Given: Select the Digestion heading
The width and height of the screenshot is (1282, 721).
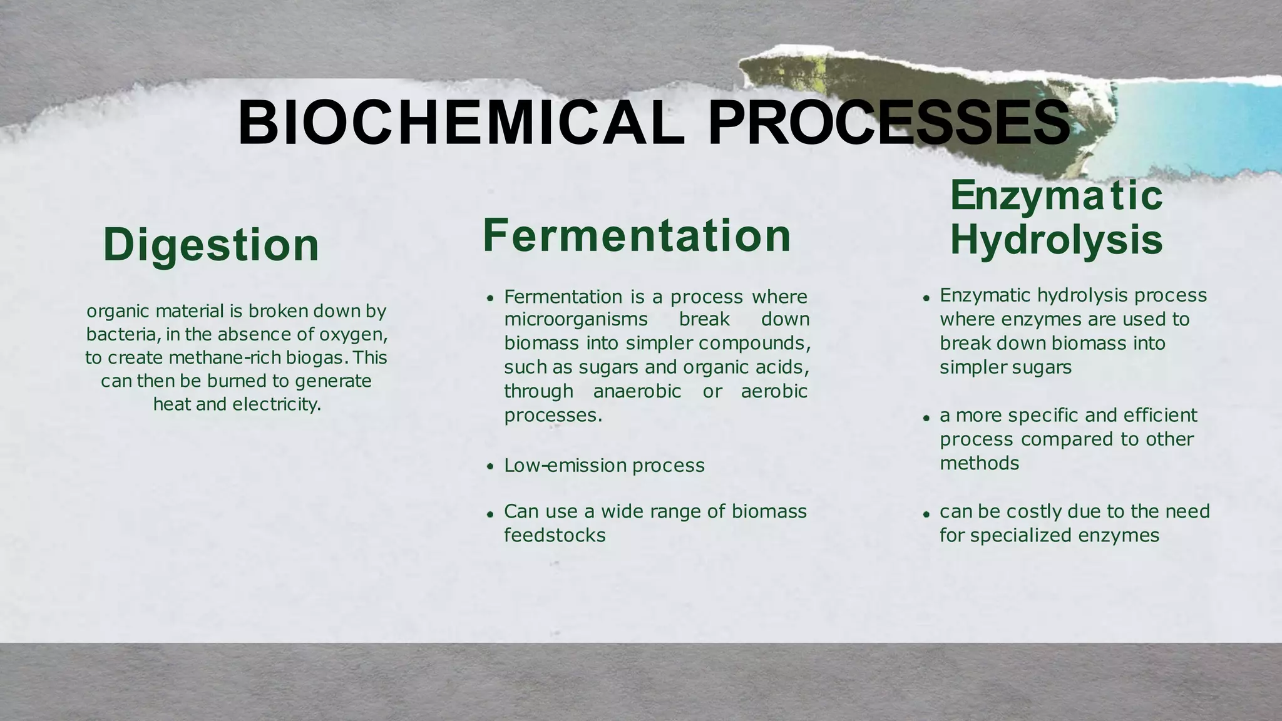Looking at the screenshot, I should tap(211, 244).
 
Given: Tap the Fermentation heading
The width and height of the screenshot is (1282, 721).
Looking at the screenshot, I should tap(637, 235).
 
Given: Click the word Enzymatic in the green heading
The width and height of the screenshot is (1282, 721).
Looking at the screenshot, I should tap(1056, 195).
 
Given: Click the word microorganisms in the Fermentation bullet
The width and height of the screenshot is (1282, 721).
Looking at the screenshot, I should tap(575, 319).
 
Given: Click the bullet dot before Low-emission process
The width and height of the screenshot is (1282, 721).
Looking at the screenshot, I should tap(491, 466).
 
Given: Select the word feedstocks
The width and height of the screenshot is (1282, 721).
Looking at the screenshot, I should tap(555, 535).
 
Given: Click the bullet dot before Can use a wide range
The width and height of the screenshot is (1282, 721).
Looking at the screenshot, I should tap(491, 513).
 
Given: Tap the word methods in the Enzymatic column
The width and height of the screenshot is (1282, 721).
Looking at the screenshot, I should tap(979, 463).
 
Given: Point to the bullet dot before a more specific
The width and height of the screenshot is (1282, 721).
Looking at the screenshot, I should tap(926, 417).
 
